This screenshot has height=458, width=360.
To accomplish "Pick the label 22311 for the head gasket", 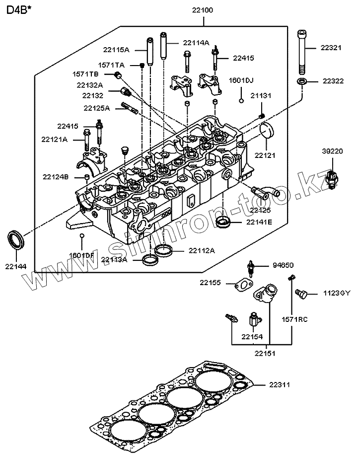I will [x=281, y=385].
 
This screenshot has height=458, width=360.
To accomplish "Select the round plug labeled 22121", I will [x=267, y=130].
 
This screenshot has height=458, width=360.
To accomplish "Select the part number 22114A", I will [x=196, y=43].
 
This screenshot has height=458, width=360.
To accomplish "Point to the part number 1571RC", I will [x=295, y=319].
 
